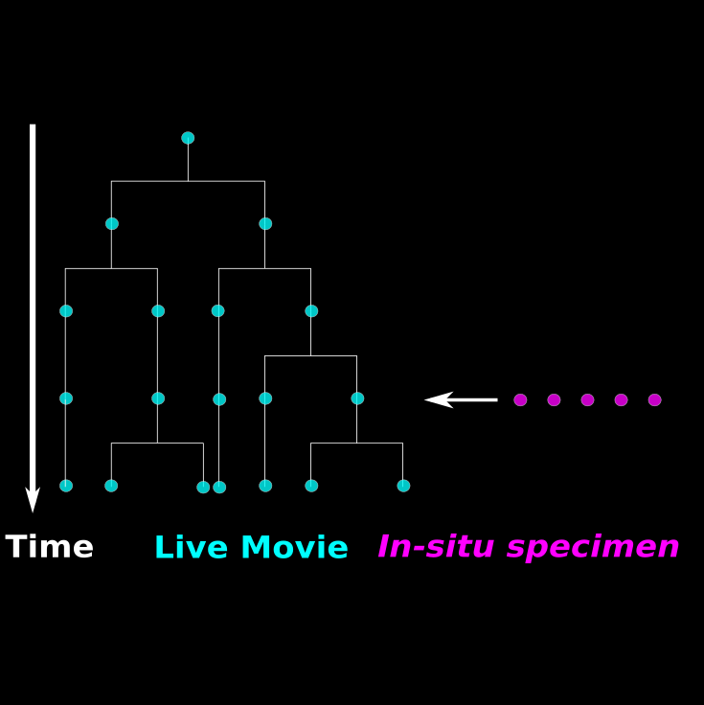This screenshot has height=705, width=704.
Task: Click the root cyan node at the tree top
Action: [x=188, y=138]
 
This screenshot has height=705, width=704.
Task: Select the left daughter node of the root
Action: [x=112, y=223]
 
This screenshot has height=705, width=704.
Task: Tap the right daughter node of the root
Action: [x=265, y=223]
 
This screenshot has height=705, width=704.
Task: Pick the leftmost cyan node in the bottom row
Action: [x=66, y=486]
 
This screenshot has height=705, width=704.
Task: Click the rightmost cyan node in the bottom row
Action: [x=403, y=486]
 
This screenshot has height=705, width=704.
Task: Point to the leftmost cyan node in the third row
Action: [x=66, y=310]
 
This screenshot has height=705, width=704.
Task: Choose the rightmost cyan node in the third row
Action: [x=311, y=310]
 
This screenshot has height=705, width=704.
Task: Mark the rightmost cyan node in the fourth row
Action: [x=357, y=398]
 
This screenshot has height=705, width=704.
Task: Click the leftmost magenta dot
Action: [x=520, y=400]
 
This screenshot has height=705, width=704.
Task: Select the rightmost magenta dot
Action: [x=654, y=400]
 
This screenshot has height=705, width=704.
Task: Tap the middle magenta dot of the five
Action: [x=587, y=400]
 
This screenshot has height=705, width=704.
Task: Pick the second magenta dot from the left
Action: [x=554, y=400]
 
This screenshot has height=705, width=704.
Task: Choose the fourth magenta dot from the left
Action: [x=621, y=400]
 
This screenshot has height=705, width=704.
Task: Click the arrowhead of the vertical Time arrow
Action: [x=33, y=500]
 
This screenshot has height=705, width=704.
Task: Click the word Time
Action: [x=50, y=548]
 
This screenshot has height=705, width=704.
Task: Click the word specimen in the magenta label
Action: [x=593, y=548]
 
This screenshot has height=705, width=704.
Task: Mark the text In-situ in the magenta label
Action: [x=437, y=548]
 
